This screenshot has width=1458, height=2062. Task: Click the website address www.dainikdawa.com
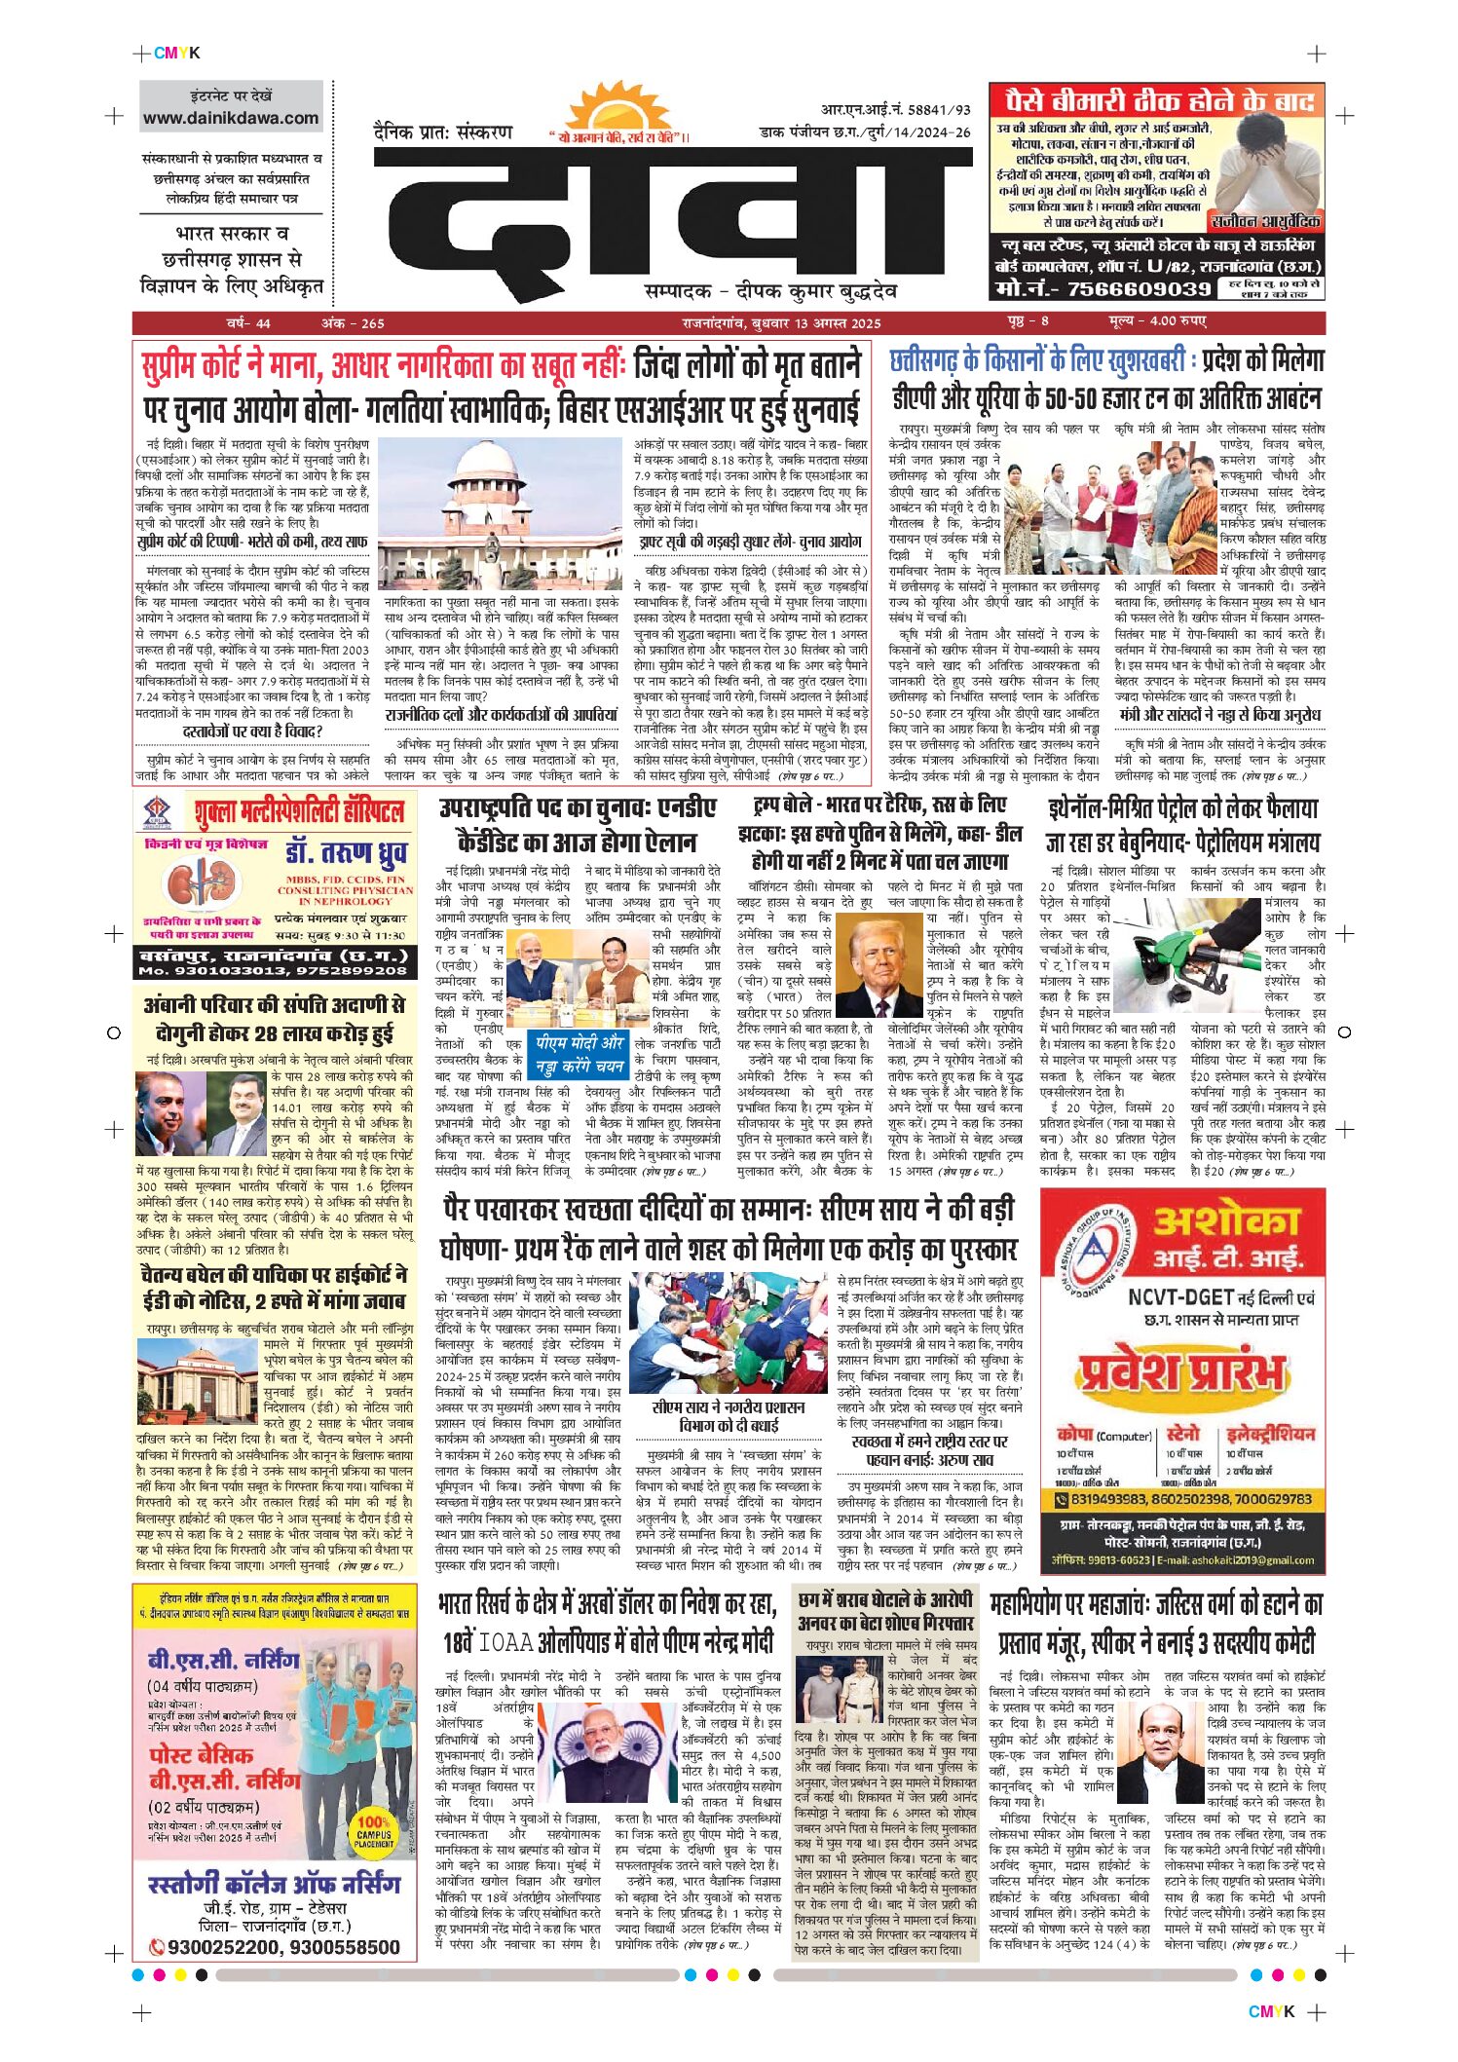coord(231,119)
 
